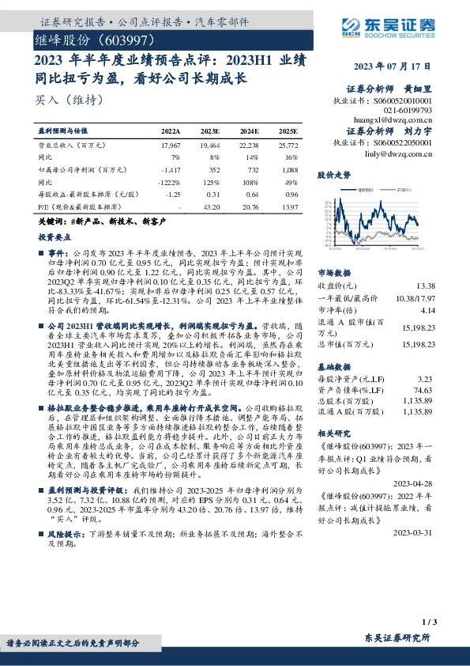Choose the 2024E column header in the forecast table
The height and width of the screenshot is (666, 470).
(x=249, y=131)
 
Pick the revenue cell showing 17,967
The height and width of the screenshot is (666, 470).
(x=171, y=146)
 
